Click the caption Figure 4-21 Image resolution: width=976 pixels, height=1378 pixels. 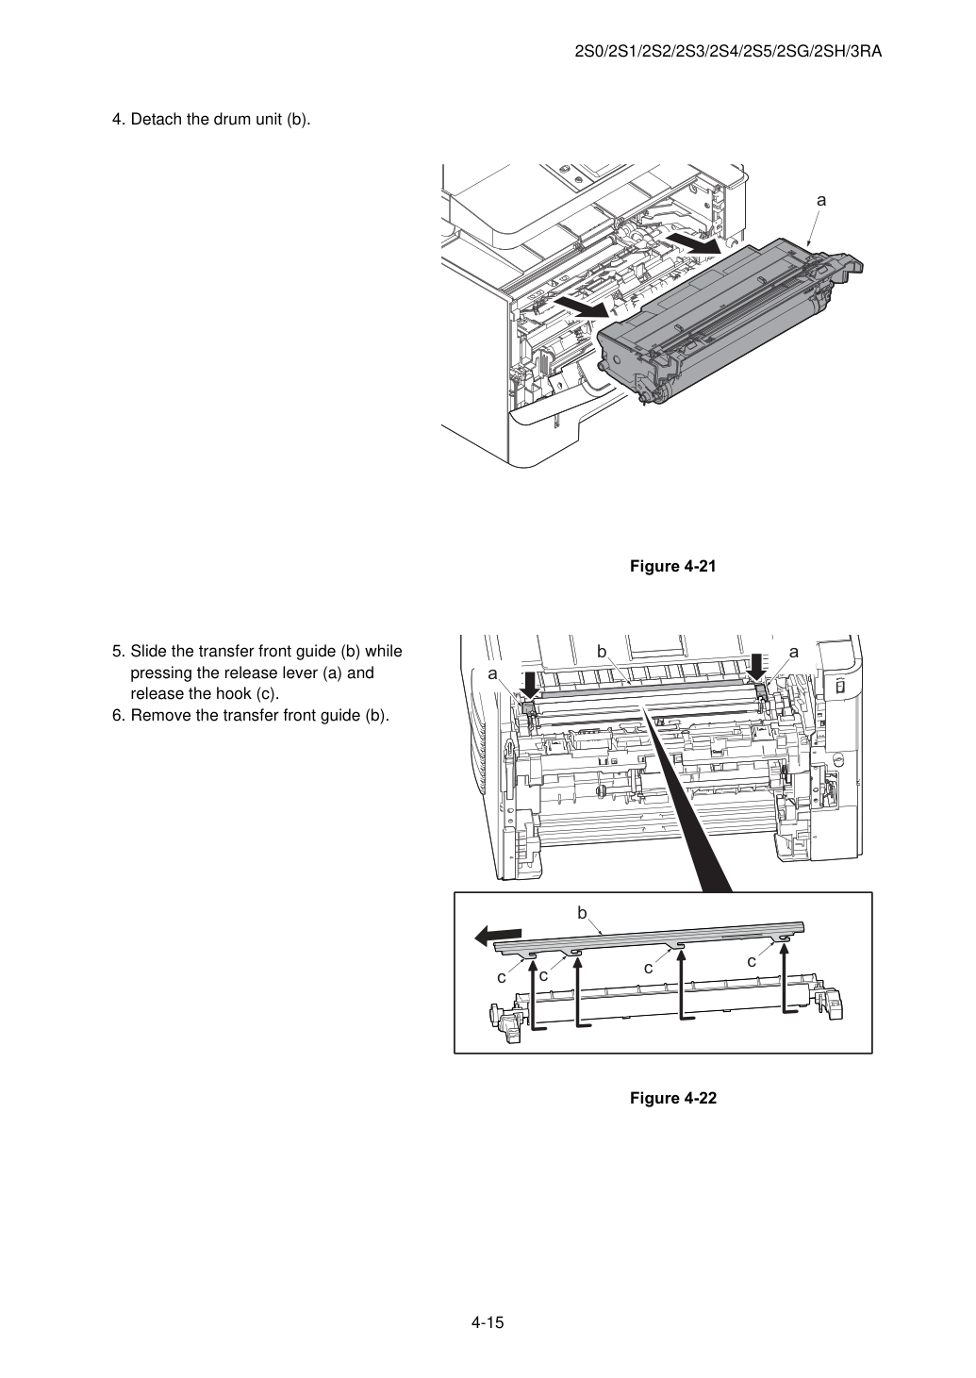click(672, 566)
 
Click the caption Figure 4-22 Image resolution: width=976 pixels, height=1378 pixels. click(672, 1098)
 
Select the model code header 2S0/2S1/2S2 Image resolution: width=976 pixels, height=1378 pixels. click(728, 52)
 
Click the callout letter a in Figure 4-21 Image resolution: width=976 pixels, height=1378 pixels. click(821, 200)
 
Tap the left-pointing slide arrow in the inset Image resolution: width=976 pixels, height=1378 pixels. click(499, 936)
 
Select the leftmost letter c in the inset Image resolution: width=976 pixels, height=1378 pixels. click(502, 976)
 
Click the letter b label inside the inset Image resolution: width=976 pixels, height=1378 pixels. click(582, 913)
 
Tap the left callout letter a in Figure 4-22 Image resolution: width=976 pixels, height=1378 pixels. click(492, 674)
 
